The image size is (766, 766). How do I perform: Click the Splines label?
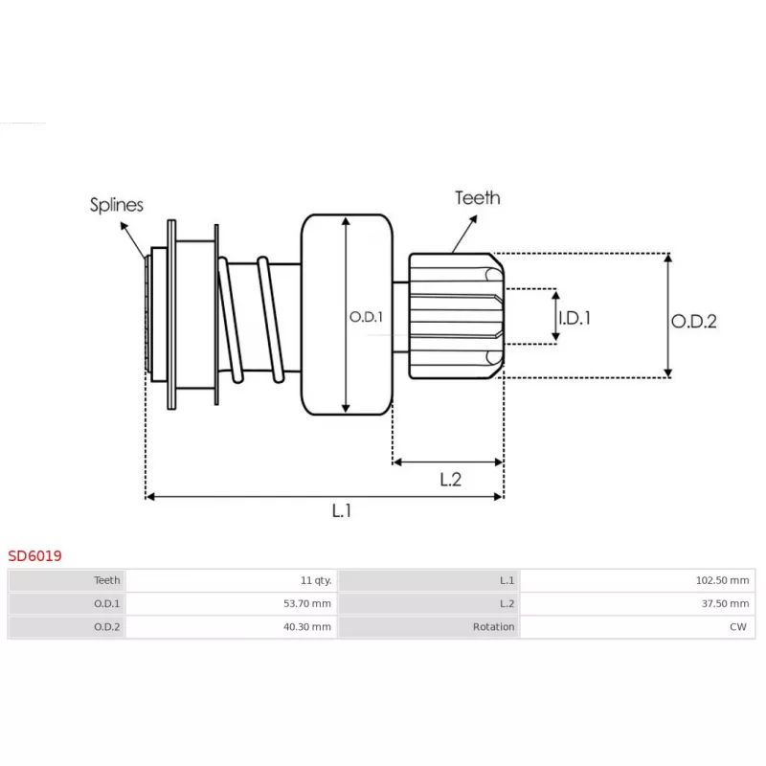point(117,204)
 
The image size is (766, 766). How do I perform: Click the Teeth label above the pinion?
point(477,198)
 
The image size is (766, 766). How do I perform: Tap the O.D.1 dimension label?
point(366,317)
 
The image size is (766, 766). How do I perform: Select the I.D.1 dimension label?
point(574,317)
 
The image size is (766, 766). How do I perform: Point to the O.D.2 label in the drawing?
point(693,322)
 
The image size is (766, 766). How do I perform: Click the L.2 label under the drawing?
point(450,480)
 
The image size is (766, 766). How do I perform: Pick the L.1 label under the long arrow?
point(342,511)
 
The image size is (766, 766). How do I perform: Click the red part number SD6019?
point(35,555)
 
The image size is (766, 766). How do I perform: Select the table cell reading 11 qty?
point(315,580)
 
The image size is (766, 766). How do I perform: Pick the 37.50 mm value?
point(729,603)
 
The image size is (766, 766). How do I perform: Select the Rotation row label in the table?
point(494,627)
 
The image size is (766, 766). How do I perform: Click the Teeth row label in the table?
point(107,580)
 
